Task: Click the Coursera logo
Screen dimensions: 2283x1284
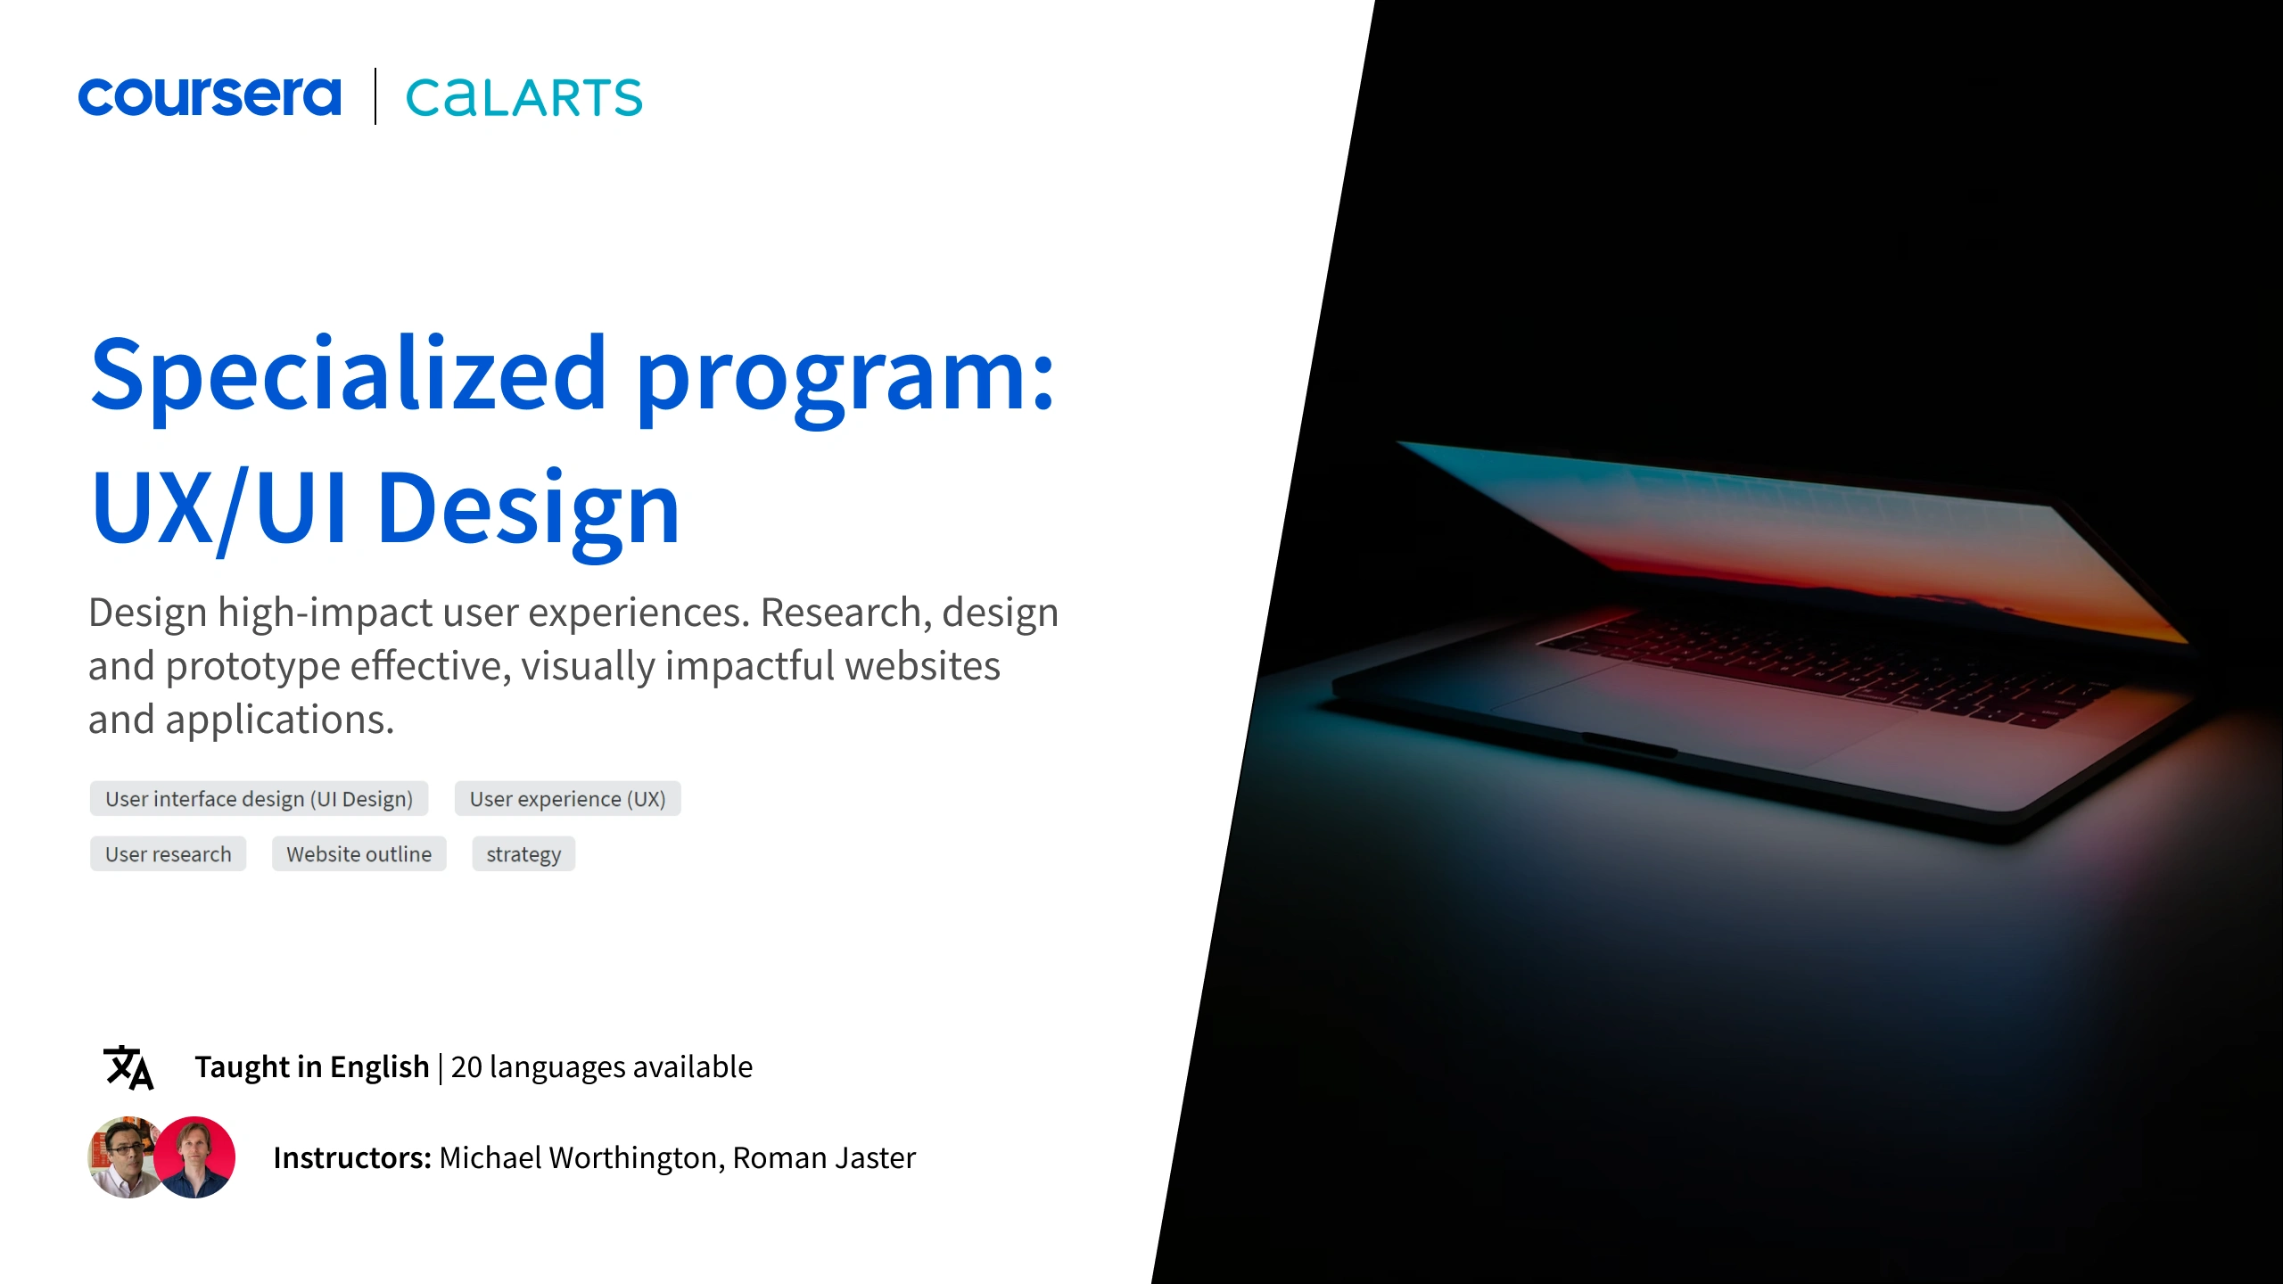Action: pyautogui.click(x=210, y=96)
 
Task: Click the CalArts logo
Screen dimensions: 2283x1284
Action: pyautogui.click(x=523, y=97)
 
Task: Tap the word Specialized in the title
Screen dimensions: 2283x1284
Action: pyautogui.click(x=350, y=375)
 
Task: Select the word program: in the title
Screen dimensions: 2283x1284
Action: pyautogui.click(x=845, y=379)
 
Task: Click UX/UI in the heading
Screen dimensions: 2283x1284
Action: pyautogui.click(x=219, y=508)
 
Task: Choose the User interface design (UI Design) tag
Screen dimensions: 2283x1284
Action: pyautogui.click(x=259, y=799)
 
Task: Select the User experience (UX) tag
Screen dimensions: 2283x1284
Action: pyautogui.click(x=567, y=799)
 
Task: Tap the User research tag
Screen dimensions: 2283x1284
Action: pyautogui.click(x=168, y=854)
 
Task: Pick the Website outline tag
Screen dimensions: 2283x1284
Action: pyautogui.click(x=359, y=854)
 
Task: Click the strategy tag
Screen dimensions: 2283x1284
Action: pyautogui.click(x=523, y=854)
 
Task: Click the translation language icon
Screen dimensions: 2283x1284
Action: pyautogui.click(x=128, y=1067)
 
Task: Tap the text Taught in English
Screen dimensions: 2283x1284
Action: pyautogui.click(x=312, y=1067)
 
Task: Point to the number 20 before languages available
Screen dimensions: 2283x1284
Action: pyautogui.click(x=466, y=1067)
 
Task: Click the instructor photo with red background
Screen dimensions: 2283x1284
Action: pyautogui.click(x=195, y=1157)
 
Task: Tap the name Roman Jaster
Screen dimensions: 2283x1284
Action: pyautogui.click(x=824, y=1157)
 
